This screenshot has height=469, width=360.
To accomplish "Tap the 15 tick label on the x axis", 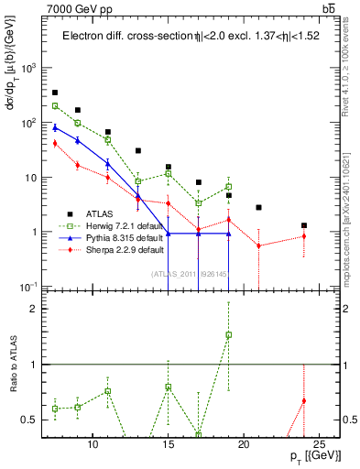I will (168, 441).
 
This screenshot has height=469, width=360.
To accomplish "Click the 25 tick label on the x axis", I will (318, 441).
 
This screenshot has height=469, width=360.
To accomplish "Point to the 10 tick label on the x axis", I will (93, 441).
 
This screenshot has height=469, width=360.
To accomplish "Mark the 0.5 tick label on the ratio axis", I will (32, 420).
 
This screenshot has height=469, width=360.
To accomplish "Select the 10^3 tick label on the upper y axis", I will (29, 68).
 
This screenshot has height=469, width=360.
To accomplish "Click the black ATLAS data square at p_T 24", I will (304, 225).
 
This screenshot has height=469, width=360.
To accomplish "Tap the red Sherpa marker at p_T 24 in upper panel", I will (304, 236).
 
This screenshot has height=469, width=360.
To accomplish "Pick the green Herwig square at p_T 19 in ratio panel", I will (228, 335).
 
